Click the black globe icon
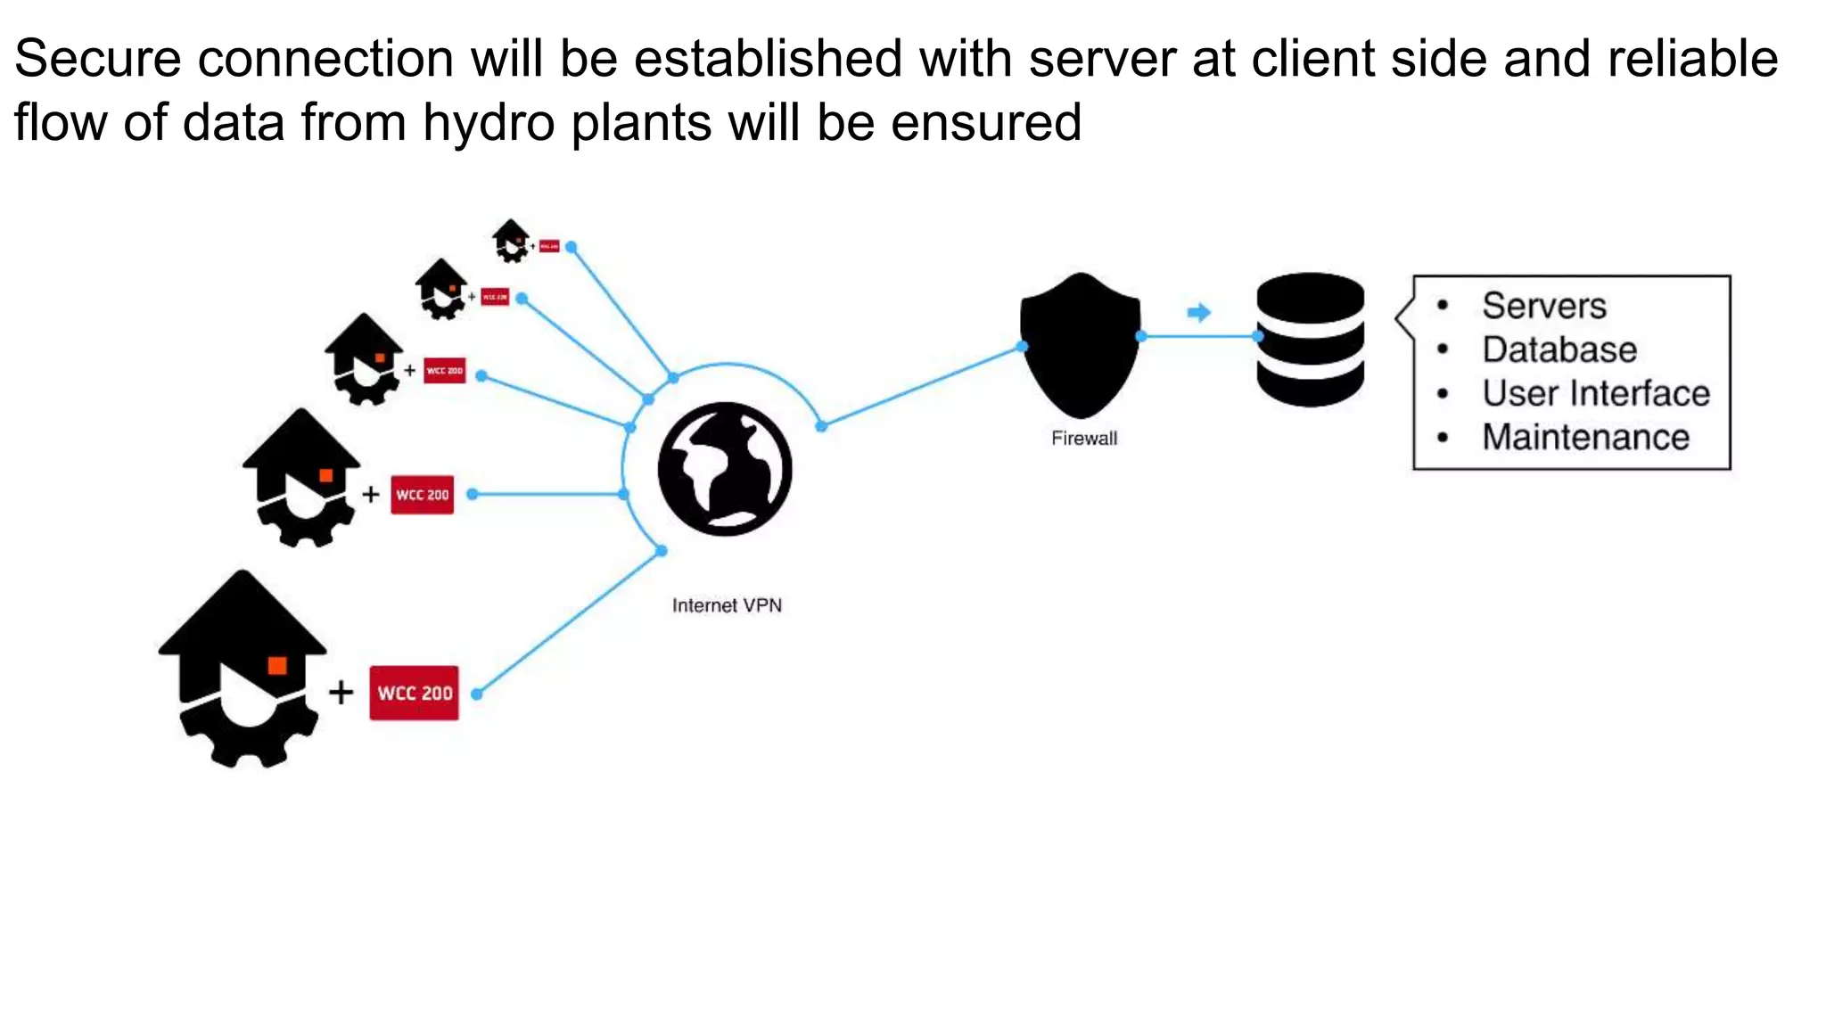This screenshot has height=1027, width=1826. [x=725, y=469]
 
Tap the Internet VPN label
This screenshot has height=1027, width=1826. [x=727, y=605]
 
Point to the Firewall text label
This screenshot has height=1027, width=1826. [x=1083, y=438]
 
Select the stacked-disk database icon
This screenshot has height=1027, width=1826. [x=1310, y=340]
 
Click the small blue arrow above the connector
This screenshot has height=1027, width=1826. [x=1199, y=312]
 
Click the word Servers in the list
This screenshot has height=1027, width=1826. [x=1543, y=306]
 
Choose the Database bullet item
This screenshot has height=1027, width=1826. [x=1559, y=349]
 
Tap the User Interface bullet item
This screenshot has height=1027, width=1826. [x=1595, y=393]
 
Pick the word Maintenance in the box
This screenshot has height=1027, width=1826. [x=1585, y=437]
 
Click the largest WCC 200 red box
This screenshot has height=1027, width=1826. [x=415, y=693]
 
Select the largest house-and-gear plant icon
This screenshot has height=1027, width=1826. [x=242, y=669]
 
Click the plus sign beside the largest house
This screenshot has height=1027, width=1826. [x=341, y=693]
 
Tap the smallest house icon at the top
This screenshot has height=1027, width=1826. [x=511, y=239]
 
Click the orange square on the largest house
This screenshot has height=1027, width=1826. [x=277, y=665]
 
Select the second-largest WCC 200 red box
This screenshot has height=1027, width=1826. [x=423, y=495]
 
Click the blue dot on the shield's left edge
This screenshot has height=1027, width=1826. [x=1023, y=346]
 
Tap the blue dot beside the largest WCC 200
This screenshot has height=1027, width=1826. [x=477, y=694]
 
